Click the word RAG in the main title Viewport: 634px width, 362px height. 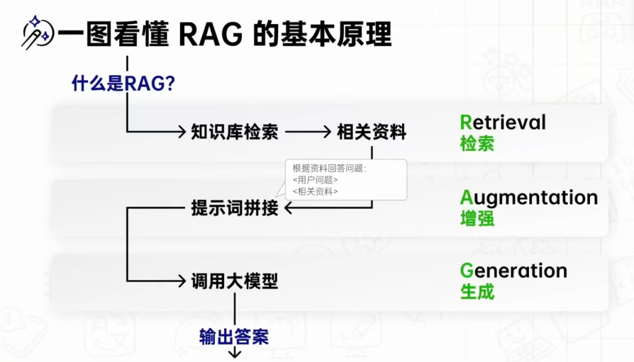pyautogui.click(x=211, y=35)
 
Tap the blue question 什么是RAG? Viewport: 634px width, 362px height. pyautogui.click(x=123, y=83)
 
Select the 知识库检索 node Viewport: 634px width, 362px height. pyautogui.click(x=234, y=132)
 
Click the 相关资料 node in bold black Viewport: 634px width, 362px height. pyautogui.click(x=372, y=132)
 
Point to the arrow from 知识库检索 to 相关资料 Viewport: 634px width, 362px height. pyautogui.click(x=308, y=132)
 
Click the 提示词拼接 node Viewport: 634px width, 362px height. pyautogui.click(x=234, y=208)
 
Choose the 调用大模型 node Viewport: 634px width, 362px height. pyautogui.click(x=234, y=282)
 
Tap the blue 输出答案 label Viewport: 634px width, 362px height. pyautogui.click(x=234, y=337)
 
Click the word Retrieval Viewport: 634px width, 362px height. pyautogui.click(x=503, y=122)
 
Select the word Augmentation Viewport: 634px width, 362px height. pyautogui.click(x=529, y=198)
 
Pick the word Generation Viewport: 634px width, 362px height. pyautogui.click(x=514, y=270)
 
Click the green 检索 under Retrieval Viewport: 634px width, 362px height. pyautogui.click(x=477, y=144)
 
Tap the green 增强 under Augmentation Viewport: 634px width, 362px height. pyautogui.click(x=477, y=219)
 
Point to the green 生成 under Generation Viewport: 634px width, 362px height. pyautogui.click(x=477, y=292)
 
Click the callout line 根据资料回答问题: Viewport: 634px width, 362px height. pyautogui.click(x=329, y=169)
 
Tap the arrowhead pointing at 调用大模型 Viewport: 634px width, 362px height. pyautogui.click(x=181, y=282)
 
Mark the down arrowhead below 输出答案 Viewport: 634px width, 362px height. pyautogui.click(x=235, y=353)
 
